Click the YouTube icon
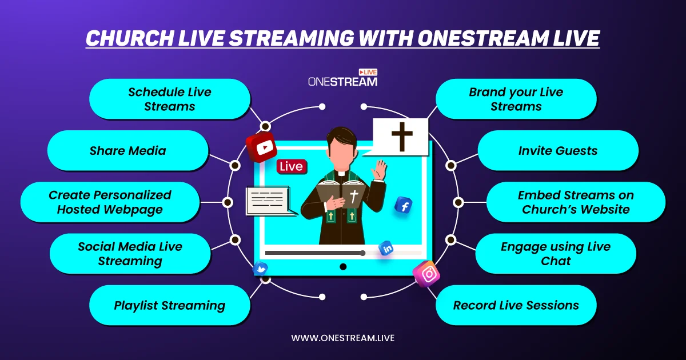pos(261,147)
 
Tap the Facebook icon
pos(404,205)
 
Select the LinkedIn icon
pos(386,248)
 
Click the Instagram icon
pos(426,274)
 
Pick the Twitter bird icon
pos(260,269)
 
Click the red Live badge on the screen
pos(292,166)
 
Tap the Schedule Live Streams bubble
pos(170,99)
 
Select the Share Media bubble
pos(127,150)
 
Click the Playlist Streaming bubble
pos(170,305)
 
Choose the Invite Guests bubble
pos(558,150)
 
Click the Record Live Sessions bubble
pos(516,305)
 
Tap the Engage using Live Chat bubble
pos(556,254)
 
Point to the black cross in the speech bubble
pos(402,137)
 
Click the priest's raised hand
pos(380,170)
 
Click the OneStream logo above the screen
pos(342,78)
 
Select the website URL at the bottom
pos(342,338)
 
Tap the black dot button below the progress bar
pos(343,267)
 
